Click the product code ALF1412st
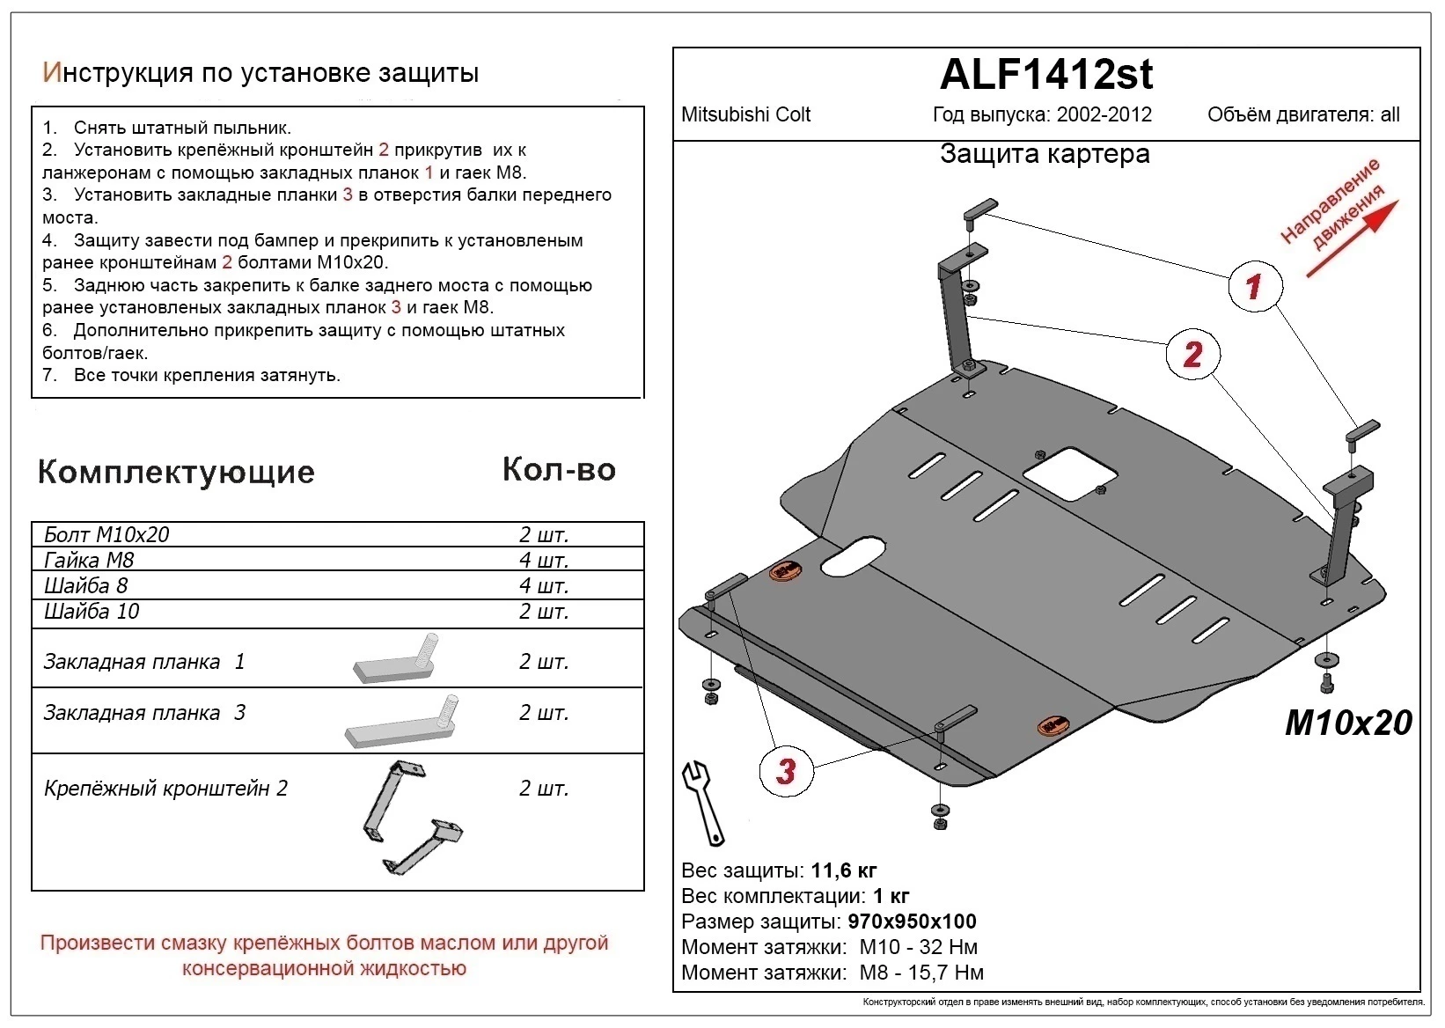click(1045, 75)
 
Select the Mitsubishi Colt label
click(745, 114)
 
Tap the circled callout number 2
click(1192, 354)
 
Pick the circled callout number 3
click(786, 770)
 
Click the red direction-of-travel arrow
click(1351, 239)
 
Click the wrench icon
click(703, 802)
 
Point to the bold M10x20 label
click(1348, 723)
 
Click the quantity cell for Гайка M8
click(543, 560)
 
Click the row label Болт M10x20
click(106, 534)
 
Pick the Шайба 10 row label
click(92, 611)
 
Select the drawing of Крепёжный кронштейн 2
click(410, 817)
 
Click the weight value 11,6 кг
click(843, 870)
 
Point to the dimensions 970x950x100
click(912, 922)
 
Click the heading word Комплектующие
click(176, 472)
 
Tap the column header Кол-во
click(559, 469)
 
